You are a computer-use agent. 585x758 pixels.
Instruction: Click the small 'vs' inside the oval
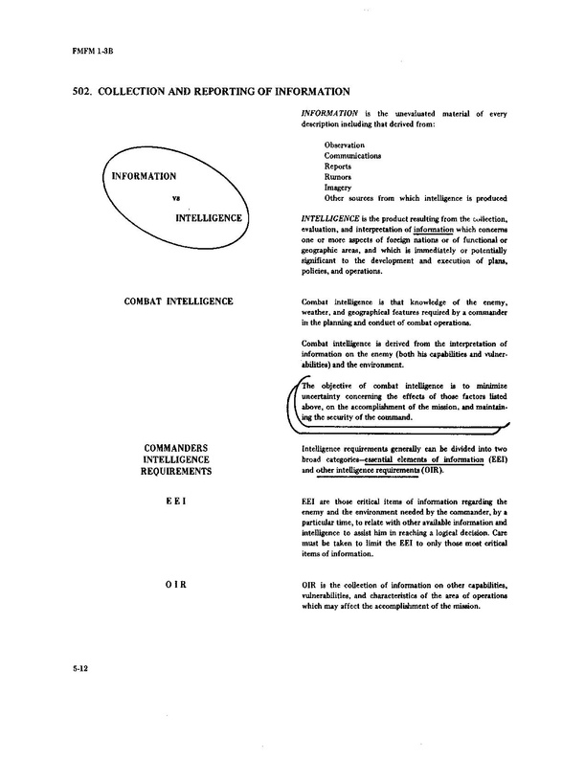[175, 200]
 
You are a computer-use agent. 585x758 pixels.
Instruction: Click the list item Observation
[345, 145]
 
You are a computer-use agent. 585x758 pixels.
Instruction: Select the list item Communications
[353, 155]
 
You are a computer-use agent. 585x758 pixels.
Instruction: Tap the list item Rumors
[340, 177]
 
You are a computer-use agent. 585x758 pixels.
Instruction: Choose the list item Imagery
[341, 188]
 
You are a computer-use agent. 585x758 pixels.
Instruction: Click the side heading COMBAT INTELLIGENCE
[181, 303]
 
